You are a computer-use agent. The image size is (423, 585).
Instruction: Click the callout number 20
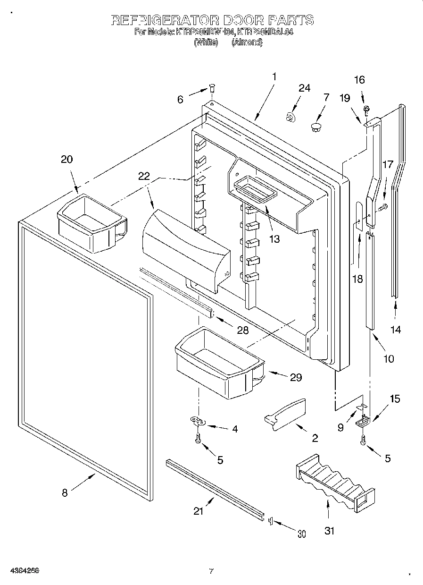[x=67, y=160]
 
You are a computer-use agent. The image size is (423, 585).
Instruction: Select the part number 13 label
[x=274, y=239]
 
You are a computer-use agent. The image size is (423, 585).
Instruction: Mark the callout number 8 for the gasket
[x=65, y=492]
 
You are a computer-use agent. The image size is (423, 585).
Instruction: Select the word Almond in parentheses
[x=247, y=42]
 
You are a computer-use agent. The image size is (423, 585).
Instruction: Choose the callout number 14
[x=396, y=330]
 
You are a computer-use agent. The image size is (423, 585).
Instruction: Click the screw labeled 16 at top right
[x=366, y=110]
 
